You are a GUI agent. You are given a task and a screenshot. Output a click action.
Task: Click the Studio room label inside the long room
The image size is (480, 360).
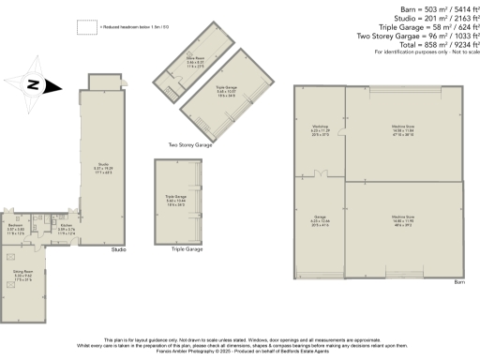pos(102,170)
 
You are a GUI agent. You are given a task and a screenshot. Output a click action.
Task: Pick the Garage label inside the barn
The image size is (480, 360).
pos(320,222)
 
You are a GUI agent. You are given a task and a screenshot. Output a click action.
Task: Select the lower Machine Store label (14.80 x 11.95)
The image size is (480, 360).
pos(403,222)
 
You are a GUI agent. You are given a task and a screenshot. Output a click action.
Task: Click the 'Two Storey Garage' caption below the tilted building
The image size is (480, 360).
pos(189,145)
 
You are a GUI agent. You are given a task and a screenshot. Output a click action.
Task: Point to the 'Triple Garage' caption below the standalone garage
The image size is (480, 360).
pos(187,249)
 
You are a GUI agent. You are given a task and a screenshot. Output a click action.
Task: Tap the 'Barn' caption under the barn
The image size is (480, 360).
pos(458,281)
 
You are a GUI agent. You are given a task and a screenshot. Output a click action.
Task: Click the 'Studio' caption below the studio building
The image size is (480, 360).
pos(118,249)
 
